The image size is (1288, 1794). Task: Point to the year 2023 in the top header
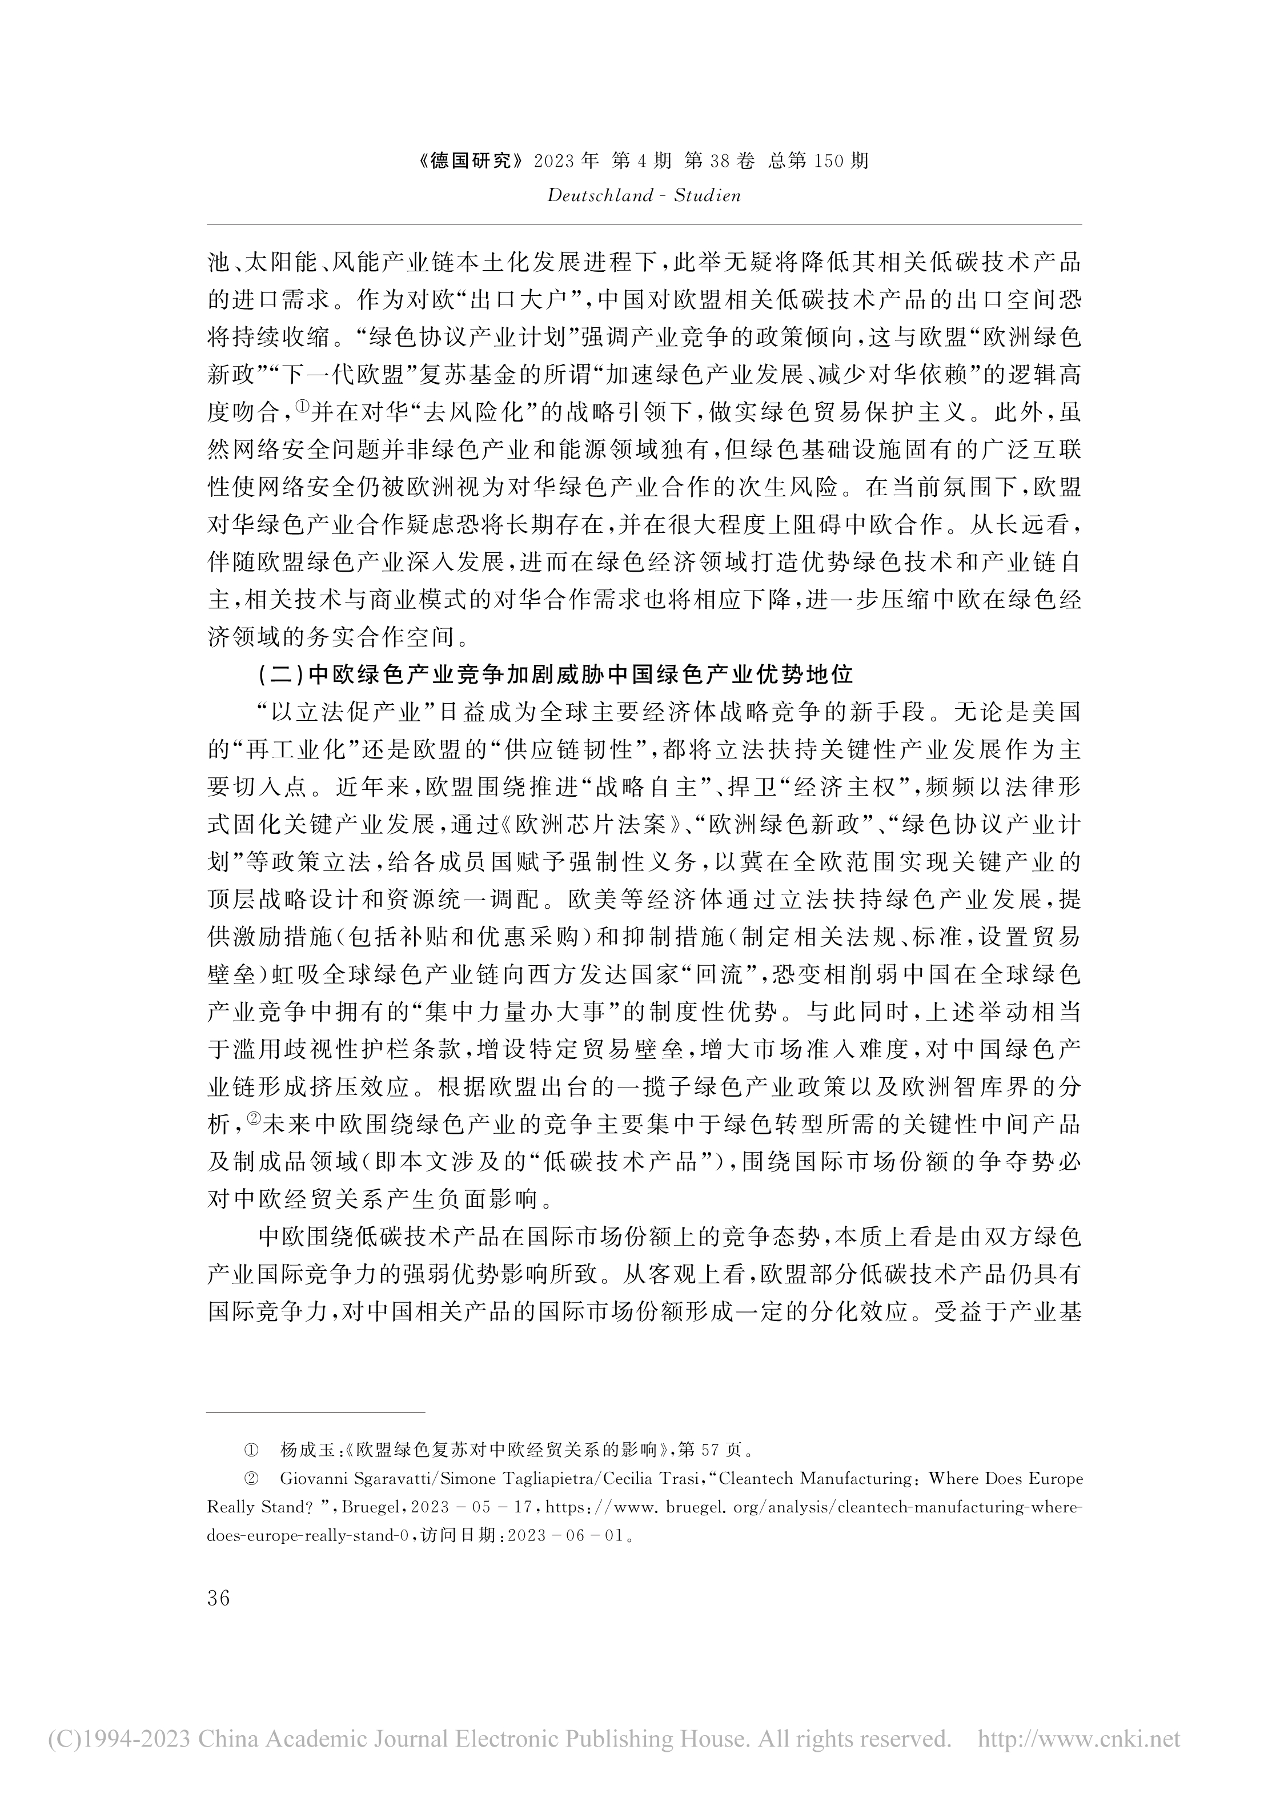[558, 162]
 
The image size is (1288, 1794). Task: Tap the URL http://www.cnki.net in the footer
[1079, 1739]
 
